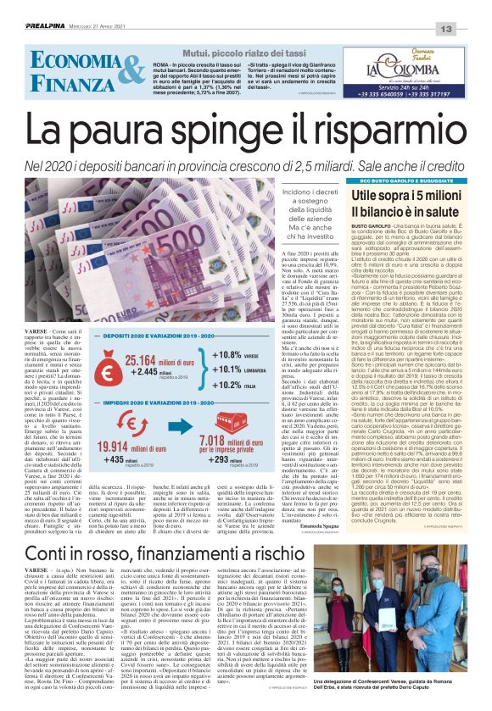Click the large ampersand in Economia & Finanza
[108, 71]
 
